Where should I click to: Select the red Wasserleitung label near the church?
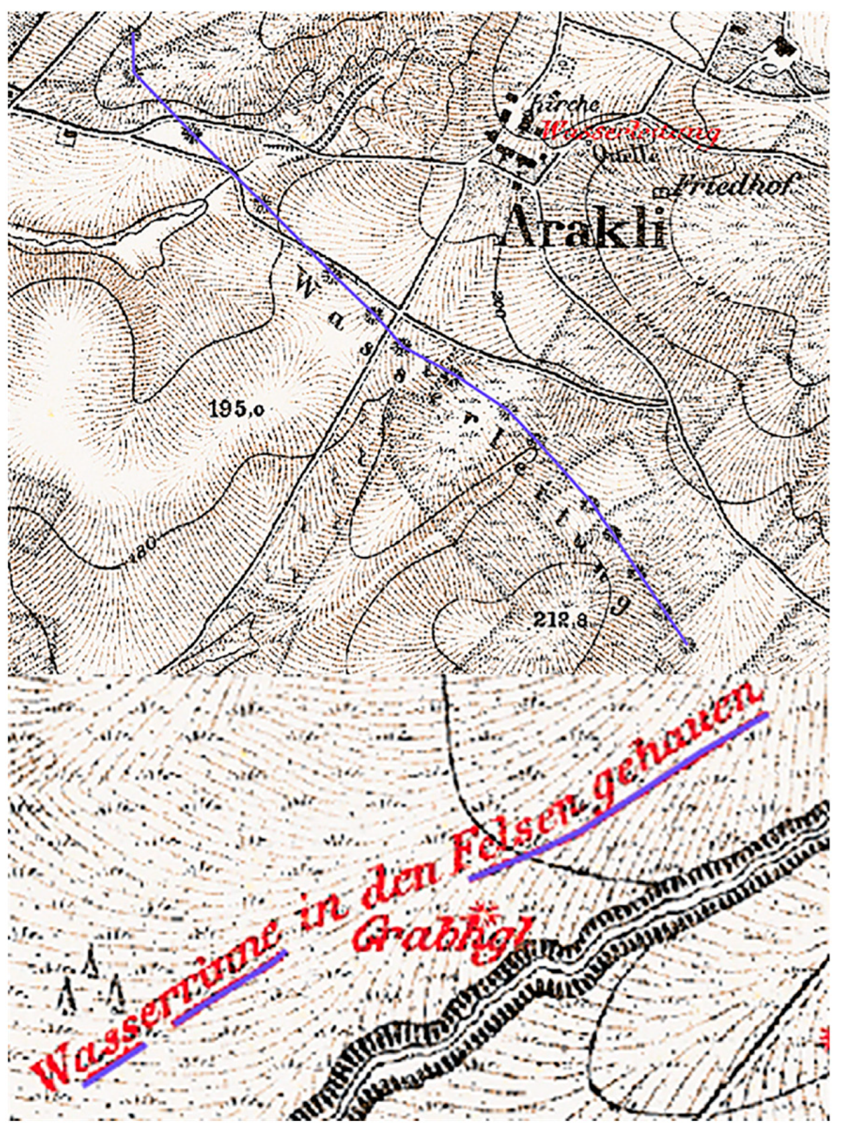pyautogui.click(x=629, y=132)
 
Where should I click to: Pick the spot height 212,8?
pyautogui.click(x=560, y=620)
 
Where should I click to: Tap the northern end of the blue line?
pyautogui.click(x=133, y=34)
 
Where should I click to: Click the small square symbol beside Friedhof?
pyautogui.click(x=663, y=191)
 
